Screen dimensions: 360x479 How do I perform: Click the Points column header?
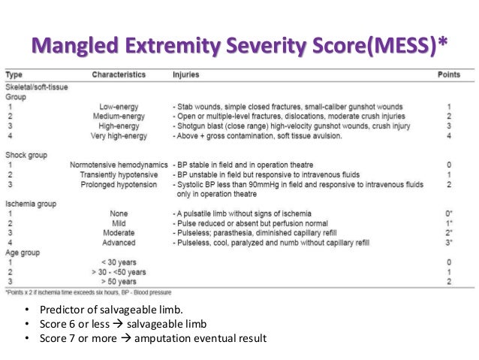pos(449,76)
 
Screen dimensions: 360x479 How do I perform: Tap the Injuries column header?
pos(186,76)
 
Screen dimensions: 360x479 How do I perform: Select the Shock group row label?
pos(27,155)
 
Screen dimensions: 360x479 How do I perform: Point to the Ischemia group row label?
pos(31,204)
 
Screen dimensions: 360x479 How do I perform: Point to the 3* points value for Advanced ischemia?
pos(448,243)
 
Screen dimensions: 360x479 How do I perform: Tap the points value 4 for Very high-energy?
pos(448,136)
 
